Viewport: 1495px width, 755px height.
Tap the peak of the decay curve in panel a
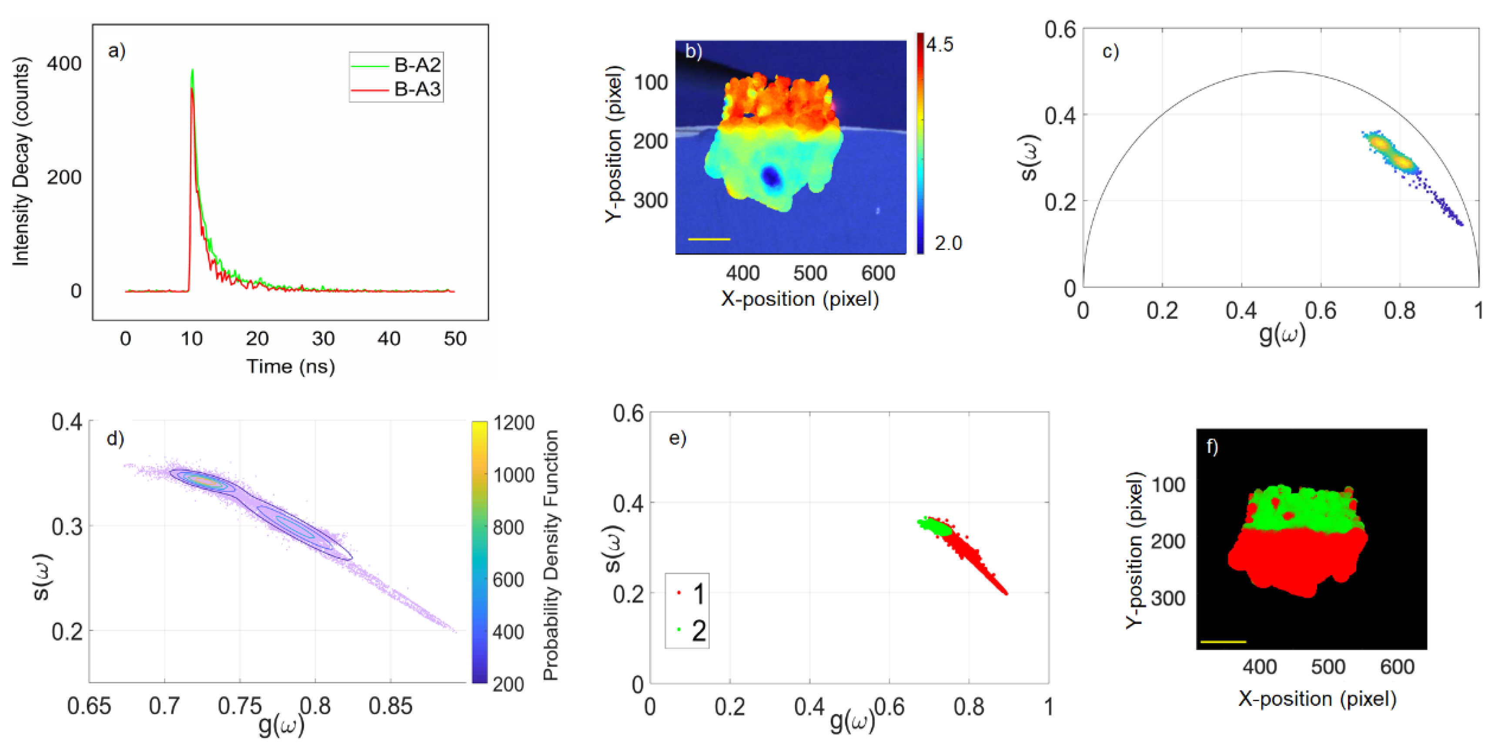[x=192, y=71]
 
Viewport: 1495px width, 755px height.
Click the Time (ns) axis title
[x=290, y=367]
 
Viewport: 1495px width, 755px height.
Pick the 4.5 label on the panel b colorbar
[x=940, y=45]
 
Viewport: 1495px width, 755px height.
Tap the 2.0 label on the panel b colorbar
[x=948, y=243]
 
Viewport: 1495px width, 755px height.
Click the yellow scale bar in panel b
[x=709, y=239]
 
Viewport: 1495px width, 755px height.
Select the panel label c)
[x=1110, y=52]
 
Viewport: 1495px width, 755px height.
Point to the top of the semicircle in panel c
[x=1281, y=71]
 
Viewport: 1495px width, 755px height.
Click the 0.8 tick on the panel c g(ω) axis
[x=1399, y=311]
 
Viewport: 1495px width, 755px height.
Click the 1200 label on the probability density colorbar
[x=514, y=423]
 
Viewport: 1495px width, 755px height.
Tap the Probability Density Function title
[x=550, y=555]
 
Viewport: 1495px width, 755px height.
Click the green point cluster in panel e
[x=934, y=526]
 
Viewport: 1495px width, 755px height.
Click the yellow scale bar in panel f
[x=1223, y=642]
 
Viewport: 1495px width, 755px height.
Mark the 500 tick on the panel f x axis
[x=1328, y=667]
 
